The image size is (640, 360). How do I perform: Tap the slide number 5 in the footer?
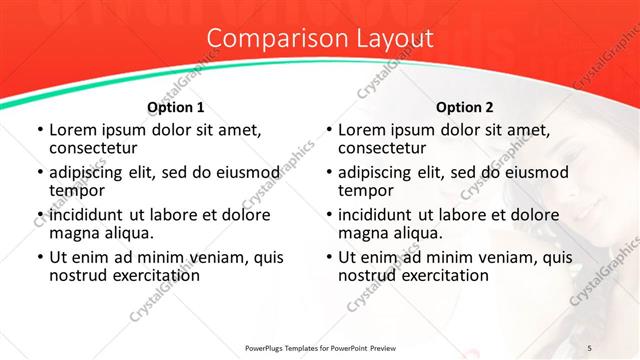589,347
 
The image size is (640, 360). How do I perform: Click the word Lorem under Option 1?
72,130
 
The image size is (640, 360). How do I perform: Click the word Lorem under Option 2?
361,130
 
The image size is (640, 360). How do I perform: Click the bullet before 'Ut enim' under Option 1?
39,257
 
